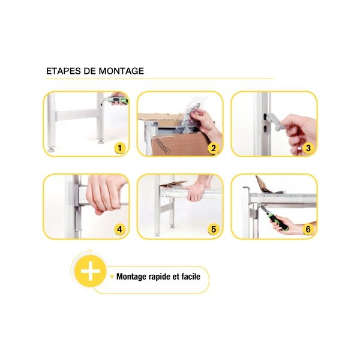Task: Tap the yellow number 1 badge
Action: [x=119, y=148]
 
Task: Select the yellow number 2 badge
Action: [x=213, y=148]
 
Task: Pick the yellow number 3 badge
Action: [x=308, y=148]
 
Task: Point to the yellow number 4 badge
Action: [x=119, y=229]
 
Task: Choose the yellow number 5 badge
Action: [x=213, y=229]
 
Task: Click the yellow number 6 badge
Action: [x=308, y=229]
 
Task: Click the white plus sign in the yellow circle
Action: [x=91, y=271]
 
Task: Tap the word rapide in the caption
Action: [x=160, y=277]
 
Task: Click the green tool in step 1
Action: [x=115, y=100]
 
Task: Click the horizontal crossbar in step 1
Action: [x=76, y=115]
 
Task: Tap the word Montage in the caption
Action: [x=131, y=277]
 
